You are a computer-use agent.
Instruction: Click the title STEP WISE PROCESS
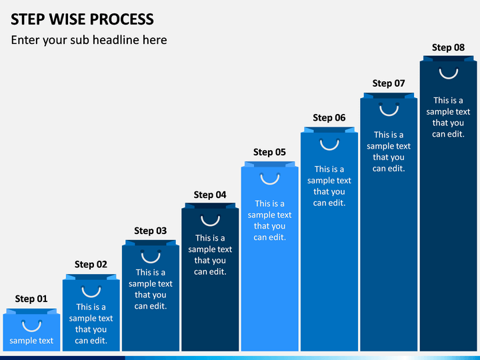[82, 19]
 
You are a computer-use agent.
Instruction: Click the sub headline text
[89, 41]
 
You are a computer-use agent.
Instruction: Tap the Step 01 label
[31, 299]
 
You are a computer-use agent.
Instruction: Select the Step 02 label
[91, 265]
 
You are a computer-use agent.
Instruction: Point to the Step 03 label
[150, 231]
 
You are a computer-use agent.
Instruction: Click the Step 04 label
[210, 195]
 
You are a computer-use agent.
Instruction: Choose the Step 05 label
[269, 153]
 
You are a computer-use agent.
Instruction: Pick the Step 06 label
[329, 118]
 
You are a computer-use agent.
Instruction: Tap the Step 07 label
[389, 83]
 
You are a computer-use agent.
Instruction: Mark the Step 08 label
[448, 48]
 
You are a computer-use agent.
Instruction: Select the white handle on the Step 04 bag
[210, 225]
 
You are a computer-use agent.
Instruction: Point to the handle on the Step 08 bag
[449, 78]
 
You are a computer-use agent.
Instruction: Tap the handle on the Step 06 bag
[329, 149]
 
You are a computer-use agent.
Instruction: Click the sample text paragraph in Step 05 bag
[269, 221]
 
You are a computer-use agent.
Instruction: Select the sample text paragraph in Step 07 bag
[389, 151]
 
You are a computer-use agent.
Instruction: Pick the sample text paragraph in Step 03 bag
[150, 289]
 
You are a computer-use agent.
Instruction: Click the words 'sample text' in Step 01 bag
[31, 341]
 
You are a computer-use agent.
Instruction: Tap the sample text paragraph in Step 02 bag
[91, 323]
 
